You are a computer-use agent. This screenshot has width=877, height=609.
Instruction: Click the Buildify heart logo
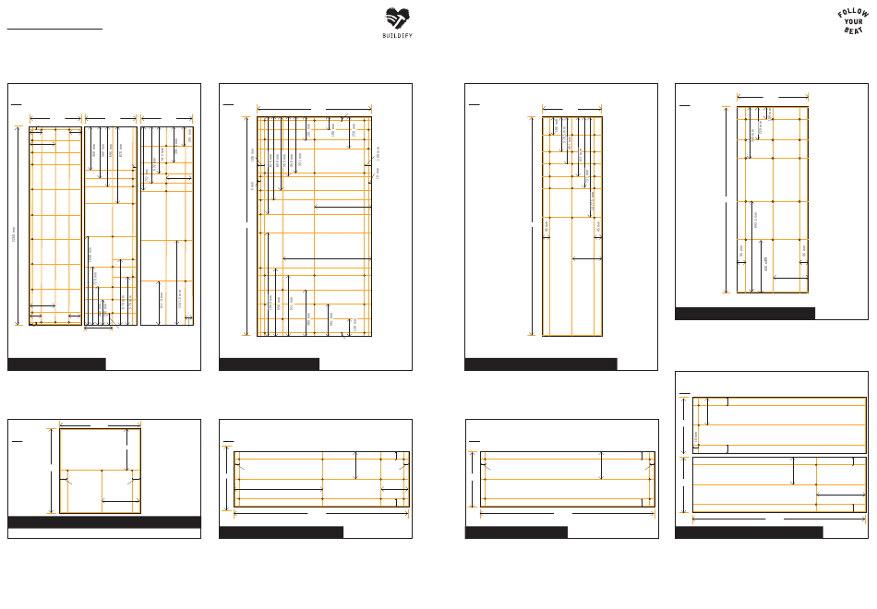tap(397, 18)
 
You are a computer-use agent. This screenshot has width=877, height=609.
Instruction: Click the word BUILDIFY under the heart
tap(397, 35)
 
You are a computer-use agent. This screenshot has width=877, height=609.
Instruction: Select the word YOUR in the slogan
tap(854, 22)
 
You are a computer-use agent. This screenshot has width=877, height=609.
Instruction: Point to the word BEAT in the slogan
tap(854, 30)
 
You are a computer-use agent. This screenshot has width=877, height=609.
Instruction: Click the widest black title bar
tap(104, 522)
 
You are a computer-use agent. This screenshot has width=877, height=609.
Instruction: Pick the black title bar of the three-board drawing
tap(56, 364)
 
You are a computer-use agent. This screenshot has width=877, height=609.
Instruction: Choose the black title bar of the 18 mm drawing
tap(269, 364)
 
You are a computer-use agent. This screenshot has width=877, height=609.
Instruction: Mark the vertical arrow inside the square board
tap(126, 448)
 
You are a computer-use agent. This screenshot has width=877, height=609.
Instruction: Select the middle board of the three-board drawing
tap(111, 226)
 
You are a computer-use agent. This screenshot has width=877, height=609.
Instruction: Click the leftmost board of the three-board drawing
tap(55, 226)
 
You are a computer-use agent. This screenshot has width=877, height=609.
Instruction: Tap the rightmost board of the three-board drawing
tap(167, 226)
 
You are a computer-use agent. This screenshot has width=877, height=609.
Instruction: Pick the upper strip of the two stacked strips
tap(780, 425)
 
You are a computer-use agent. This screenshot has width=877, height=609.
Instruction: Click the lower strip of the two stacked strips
tap(780, 484)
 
